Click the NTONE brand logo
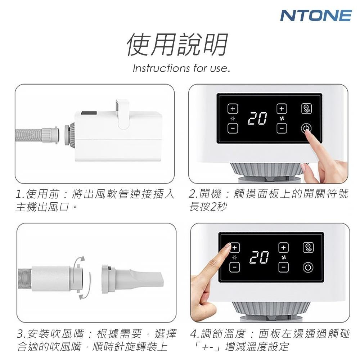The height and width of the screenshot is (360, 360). (316, 15)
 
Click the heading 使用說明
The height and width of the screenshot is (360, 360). (177, 45)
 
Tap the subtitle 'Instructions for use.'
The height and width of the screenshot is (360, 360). (181, 68)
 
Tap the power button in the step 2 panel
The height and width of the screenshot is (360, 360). (306, 129)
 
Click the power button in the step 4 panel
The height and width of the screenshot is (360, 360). (308, 267)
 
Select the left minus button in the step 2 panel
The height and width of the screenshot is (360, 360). (233, 128)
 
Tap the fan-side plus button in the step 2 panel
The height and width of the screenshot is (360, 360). (282, 109)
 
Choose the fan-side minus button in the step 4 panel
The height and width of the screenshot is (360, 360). (284, 267)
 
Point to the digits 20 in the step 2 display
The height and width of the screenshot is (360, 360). (257, 118)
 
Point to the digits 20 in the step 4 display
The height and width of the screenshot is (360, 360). (259, 257)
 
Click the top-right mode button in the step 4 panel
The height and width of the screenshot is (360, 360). (308, 248)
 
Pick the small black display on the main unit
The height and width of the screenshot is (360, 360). (89, 113)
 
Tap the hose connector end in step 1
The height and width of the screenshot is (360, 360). (50, 135)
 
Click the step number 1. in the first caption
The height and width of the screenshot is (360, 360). (20, 194)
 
